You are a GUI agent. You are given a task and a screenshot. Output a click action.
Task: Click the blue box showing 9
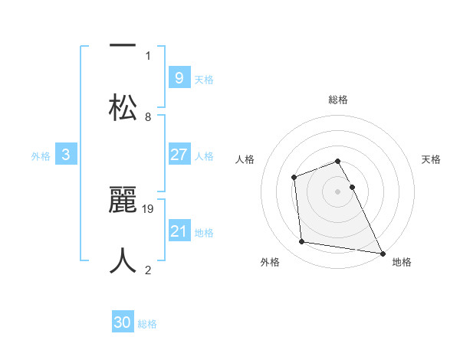pyautogui.click(x=179, y=77)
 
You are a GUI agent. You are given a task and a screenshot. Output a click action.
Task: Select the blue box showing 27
pyautogui.click(x=179, y=155)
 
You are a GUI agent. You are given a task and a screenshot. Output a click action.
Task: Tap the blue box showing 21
pyautogui.click(x=179, y=231)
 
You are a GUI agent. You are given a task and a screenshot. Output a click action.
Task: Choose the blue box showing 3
pyautogui.click(x=66, y=155)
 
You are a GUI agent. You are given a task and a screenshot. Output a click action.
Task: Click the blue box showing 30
pyautogui.click(x=123, y=322)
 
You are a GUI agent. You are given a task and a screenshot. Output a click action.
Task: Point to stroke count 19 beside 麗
pyautogui.click(x=149, y=208)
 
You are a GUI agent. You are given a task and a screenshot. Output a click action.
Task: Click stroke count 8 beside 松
pyautogui.click(x=148, y=117)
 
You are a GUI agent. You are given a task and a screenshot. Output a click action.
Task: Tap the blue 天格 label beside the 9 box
pyautogui.click(x=204, y=79)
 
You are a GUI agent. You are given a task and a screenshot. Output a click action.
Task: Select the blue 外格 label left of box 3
pyautogui.click(x=41, y=155)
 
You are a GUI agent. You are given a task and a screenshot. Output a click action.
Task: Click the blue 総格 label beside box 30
pyautogui.click(x=148, y=323)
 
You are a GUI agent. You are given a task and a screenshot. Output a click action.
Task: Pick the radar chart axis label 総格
pyautogui.click(x=338, y=100)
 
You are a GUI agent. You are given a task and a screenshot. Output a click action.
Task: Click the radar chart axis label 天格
pyautogui.click(x=432, y=159)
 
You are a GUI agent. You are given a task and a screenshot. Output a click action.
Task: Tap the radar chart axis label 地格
pyautogui.click(x=402, y=262)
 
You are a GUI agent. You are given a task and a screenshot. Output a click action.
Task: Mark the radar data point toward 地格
pyautogui.click(x=383, y=253)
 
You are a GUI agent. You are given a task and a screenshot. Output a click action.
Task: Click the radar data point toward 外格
pyautogui.click(x=302, y=242)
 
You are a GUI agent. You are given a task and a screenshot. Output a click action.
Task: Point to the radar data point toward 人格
pyautogui.click(x=294, y=178)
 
